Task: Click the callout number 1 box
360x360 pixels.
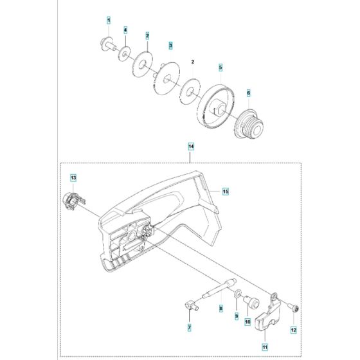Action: (109, 21)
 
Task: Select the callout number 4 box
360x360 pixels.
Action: (125, 30)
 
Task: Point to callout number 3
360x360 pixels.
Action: (170, 46)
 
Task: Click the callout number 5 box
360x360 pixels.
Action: (220, 67)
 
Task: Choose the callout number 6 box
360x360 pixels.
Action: (249, 93)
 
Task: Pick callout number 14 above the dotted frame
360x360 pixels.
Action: (191, 147)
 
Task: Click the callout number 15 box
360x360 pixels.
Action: (226, 191)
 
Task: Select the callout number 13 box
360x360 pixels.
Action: (73, 177)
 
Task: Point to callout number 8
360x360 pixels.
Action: (221, 309)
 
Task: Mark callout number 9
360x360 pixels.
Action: (235, 315)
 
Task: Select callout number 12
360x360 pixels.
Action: (293, 330)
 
